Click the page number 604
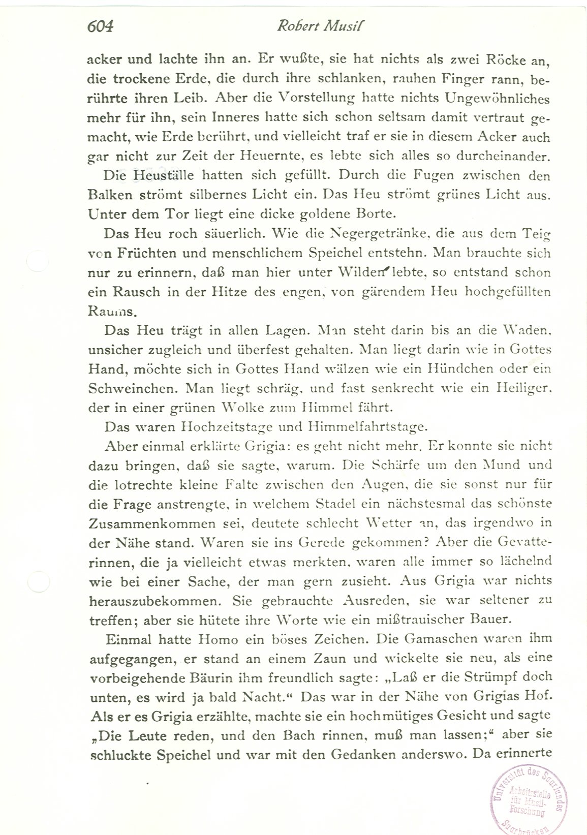click(x=100, y=26)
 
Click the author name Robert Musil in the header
click(x=321, y=26)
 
